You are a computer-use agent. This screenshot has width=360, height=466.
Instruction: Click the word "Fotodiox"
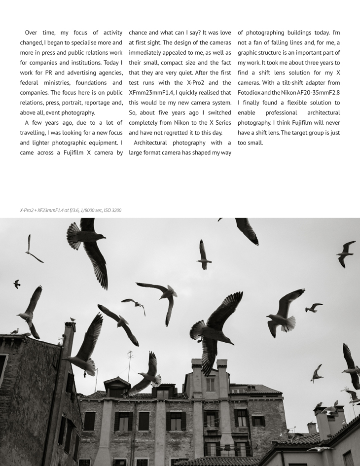(252, 93)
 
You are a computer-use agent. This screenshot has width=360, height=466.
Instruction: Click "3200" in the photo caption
(116, 211)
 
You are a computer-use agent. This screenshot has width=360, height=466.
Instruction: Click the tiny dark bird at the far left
(17, 284)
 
